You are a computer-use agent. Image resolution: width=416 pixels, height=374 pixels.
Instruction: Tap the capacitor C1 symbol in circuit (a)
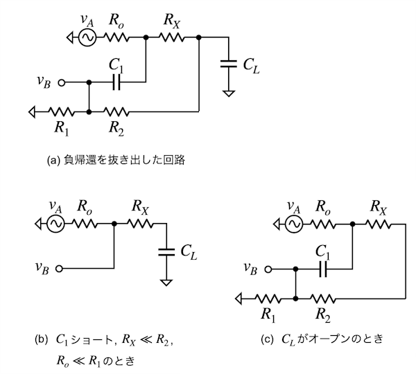[116, 82]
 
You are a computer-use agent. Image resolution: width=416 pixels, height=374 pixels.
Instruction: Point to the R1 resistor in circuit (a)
[60, 110]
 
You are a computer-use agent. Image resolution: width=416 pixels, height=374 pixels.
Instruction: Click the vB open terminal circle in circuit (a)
[62, 82]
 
